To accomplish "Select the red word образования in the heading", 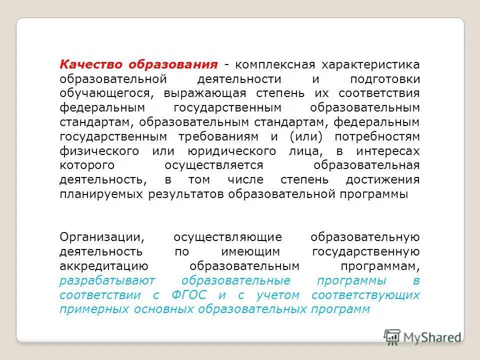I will pyautogui.click(x=173, y=65).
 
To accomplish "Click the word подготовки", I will pyautogui.click(x=385, y=79).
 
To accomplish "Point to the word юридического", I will pyautogui.click(x=232, y=151).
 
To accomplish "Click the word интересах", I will pyautogui.click(x=388, y=151).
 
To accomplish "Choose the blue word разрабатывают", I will pyautogui.click(x=107, y=280).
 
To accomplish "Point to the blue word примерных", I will pyautogui.click(x=94, y=309).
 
